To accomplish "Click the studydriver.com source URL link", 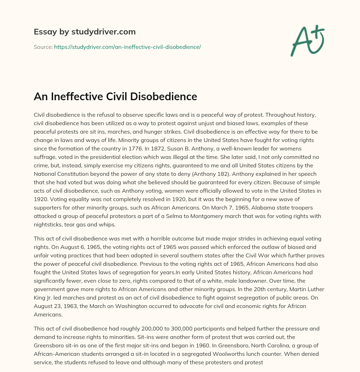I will (127, 47).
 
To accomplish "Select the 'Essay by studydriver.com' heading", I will (85, 32).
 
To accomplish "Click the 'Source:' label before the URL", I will (43, 47).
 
